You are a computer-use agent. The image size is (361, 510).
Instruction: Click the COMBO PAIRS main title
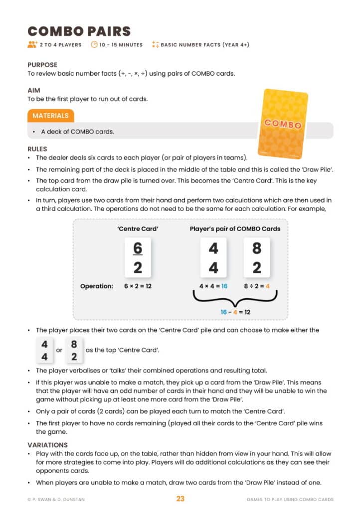tap(79, 31)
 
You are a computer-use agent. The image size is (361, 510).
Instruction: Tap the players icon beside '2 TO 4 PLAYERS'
tap(32, 45)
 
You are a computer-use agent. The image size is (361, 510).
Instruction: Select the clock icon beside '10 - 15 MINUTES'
tap(94, 45)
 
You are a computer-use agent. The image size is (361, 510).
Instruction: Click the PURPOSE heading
tap(42, 65)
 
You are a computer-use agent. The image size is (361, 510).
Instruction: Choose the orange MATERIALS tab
tap(50, 116)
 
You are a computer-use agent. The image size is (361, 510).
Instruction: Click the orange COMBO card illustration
tap(282, 123)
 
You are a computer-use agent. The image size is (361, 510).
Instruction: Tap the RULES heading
tap(37, 148)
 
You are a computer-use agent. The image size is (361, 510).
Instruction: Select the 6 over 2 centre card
tap(138, 257)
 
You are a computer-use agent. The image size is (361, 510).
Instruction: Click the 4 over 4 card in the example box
tap(213, 257)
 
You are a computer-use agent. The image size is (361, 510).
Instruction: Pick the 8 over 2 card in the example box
tap(257, 257)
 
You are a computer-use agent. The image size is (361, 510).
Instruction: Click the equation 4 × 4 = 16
tap(214, 286)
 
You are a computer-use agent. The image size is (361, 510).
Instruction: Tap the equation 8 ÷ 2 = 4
tap(257, 286)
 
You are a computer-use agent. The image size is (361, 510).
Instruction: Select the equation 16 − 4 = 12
tap(235, 312)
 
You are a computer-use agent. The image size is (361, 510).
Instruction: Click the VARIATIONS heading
tap(47, 445)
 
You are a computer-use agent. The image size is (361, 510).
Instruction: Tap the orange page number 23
tap(180, 499)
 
